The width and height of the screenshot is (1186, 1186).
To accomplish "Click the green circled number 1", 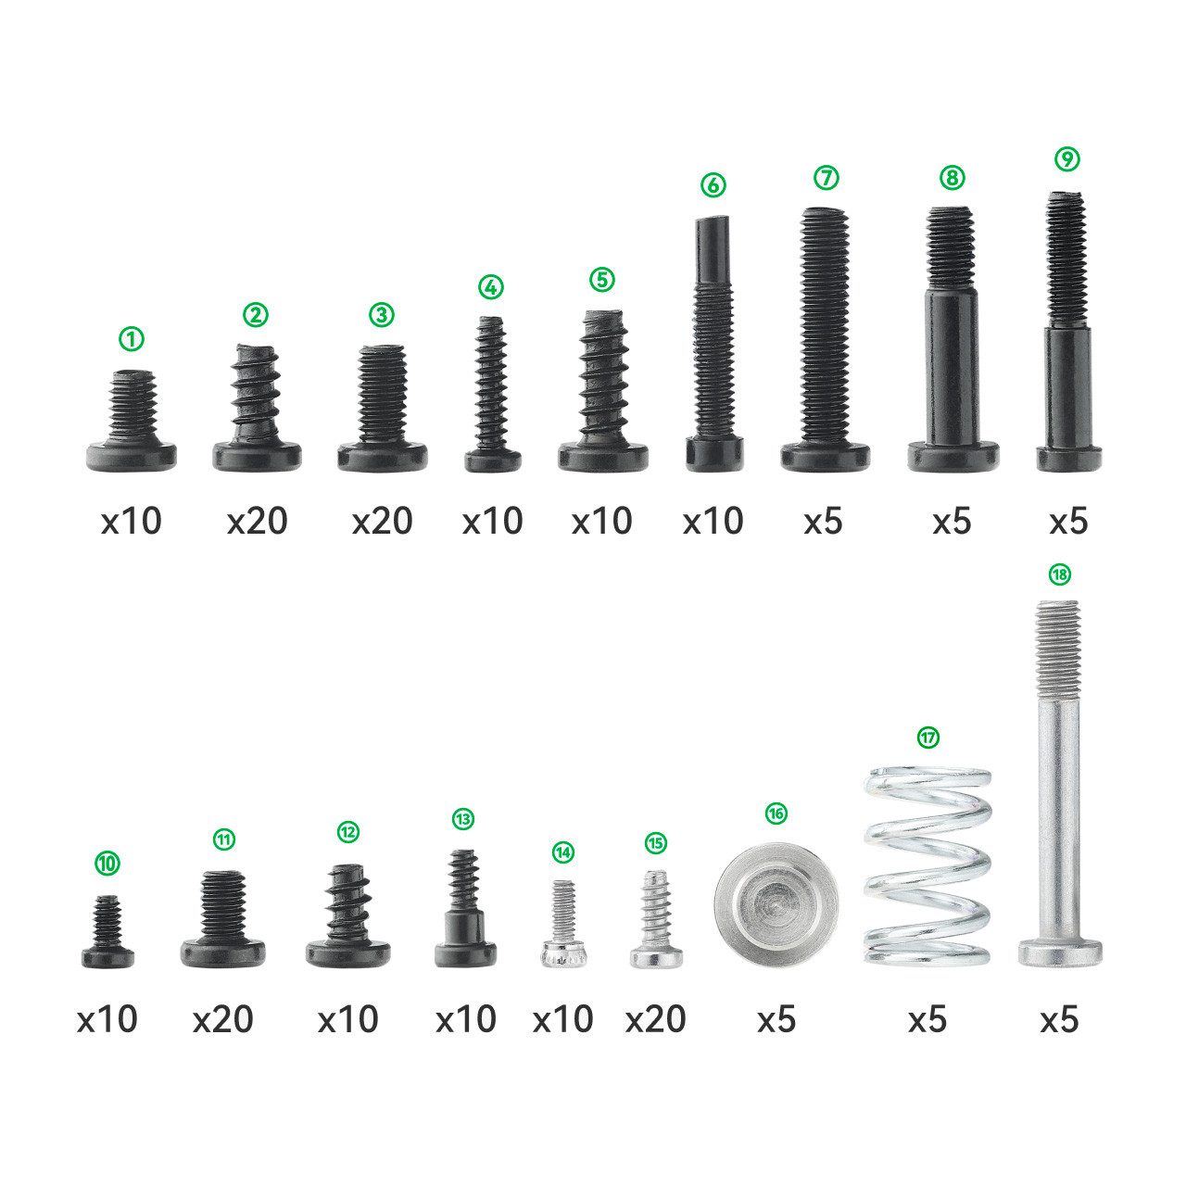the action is pos(131,338).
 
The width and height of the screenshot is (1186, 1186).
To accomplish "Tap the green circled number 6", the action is pos(713,184).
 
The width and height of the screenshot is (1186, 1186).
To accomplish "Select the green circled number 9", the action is pos(1067,158).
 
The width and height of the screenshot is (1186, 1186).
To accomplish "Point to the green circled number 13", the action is pos(463,818).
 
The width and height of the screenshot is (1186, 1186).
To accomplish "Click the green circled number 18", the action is pos(1059,574).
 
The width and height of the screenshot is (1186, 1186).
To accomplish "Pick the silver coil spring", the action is pos(927,866).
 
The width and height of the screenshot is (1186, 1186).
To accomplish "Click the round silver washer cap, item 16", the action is pos(776,903).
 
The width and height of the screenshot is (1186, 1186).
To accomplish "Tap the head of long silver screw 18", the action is pos(1060,953).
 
